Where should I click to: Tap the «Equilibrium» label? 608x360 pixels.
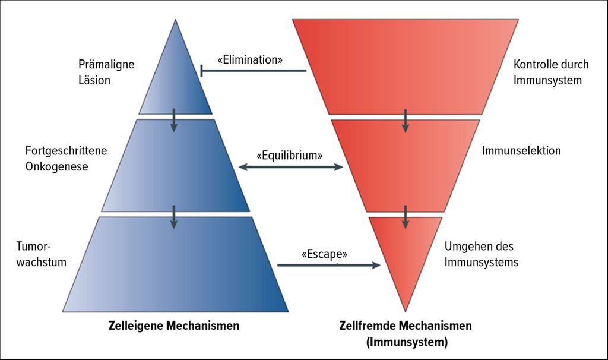[x=290, y=156]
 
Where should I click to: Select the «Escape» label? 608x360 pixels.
[x=324, y=254]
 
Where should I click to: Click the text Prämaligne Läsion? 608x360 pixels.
[x=106, y=72]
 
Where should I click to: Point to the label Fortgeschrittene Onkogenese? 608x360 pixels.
[x=66, y=159]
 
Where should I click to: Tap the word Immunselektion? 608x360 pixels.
[x=521, y=151]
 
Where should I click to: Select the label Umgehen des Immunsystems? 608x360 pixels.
[x=481, y=254]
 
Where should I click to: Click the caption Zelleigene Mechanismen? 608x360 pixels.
[x=174, y=326]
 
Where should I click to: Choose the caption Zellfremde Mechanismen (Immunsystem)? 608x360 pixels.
[x=406, y=334]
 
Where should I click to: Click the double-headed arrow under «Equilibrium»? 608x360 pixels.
[x=290, y=168]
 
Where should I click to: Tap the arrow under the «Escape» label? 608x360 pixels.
[x=328, y=265]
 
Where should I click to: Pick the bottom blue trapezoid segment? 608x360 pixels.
[x=176, y=267]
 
